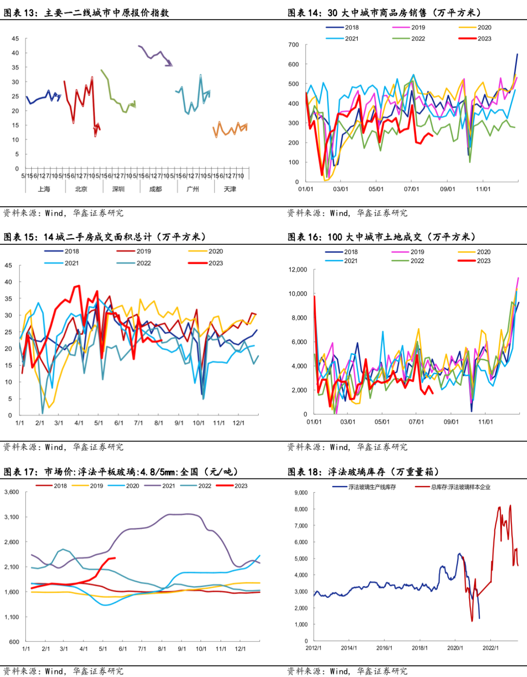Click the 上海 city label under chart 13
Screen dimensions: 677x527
44,189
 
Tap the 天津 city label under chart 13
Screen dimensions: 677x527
230,189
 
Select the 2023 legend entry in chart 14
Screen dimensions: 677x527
484,39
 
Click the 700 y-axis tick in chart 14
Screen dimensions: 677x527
293,45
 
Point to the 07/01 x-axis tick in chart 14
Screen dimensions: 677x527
411,189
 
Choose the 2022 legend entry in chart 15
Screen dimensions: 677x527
143,263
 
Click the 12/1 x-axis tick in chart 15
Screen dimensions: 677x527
239,423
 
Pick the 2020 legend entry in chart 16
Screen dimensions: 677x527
484,252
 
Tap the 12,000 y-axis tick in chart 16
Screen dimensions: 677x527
298,270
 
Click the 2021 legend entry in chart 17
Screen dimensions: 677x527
168,486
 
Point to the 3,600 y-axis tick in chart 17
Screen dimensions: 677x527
12,492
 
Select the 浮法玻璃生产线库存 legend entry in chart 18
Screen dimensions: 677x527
372,487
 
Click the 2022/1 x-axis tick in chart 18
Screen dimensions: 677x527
490,648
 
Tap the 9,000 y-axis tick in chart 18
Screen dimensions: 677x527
301,493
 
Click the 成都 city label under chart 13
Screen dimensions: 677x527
156,189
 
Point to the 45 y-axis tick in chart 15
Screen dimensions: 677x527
8,266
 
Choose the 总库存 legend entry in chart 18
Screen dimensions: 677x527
460,487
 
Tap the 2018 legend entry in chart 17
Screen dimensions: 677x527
60,486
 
